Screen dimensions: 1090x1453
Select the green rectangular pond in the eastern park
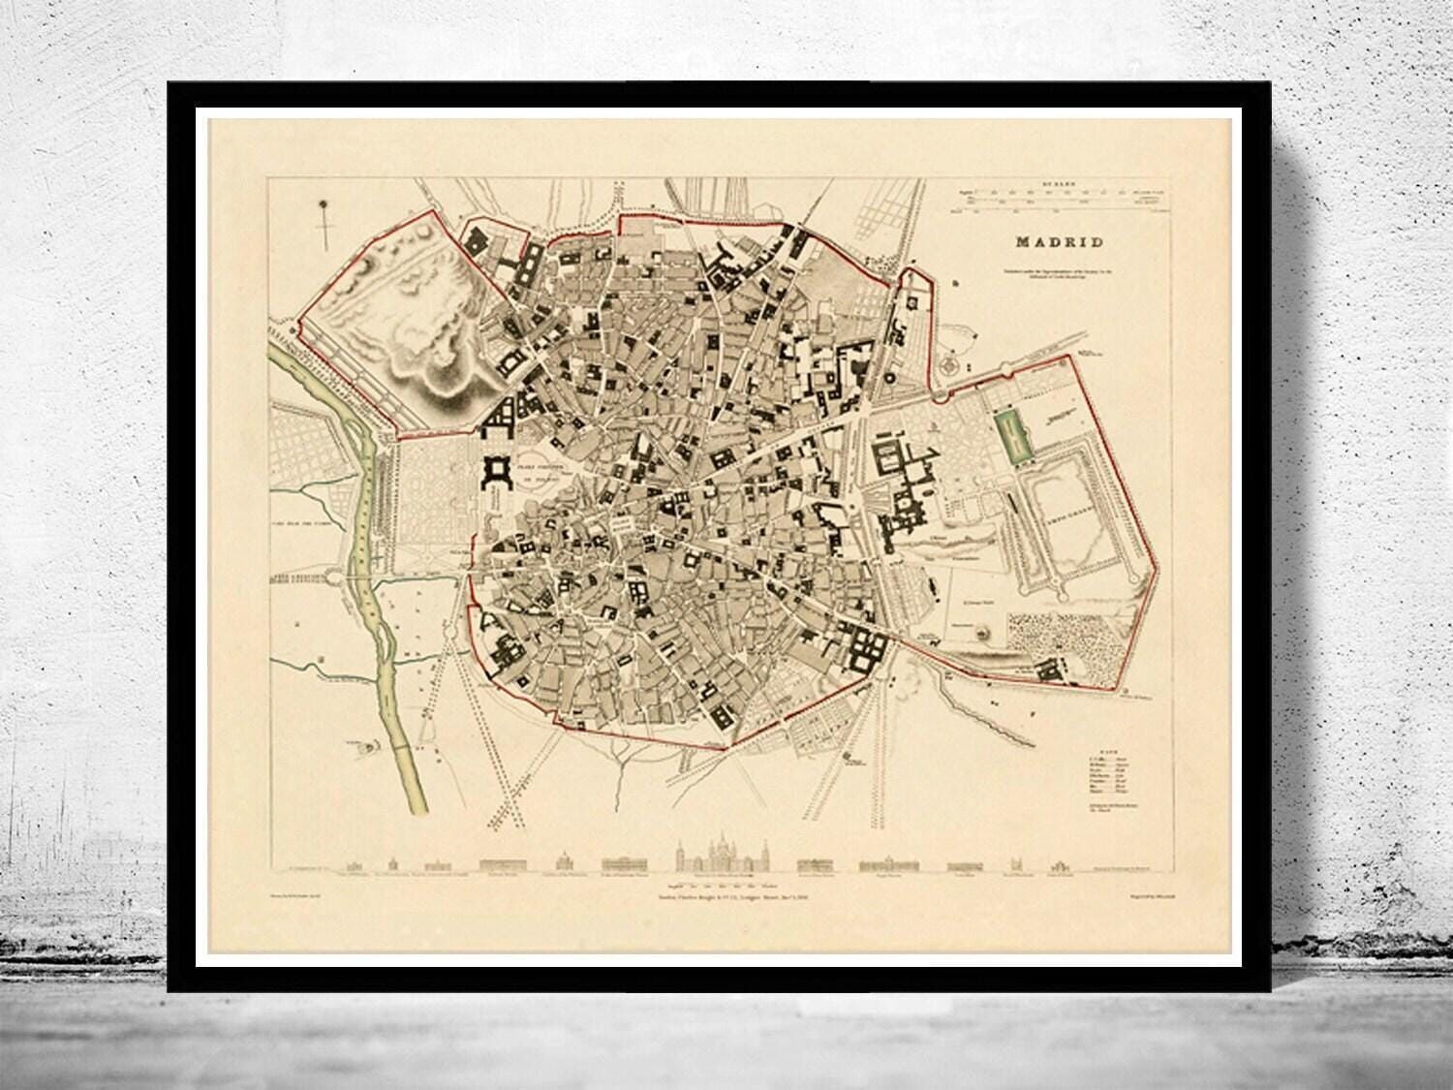[1010, 437]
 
